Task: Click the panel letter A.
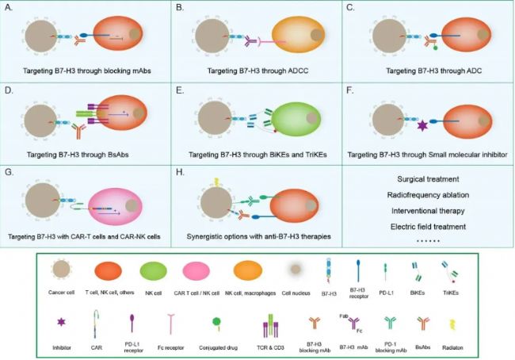9,7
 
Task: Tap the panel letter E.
180,90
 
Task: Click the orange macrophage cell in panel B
299,35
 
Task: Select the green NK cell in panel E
295,118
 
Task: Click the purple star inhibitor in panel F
422,125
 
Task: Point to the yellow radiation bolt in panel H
216,182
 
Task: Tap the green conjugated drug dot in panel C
435,48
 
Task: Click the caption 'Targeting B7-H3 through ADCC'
257,71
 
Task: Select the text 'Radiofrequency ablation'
428,195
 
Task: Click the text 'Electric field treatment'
428,227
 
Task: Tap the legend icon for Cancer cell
62,270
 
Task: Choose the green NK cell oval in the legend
154,270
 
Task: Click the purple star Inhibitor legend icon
62,322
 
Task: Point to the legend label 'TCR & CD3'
270,347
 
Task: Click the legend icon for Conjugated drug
216,324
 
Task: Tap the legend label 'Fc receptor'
171,347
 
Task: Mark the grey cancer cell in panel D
40,121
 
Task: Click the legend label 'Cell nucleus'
296,293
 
